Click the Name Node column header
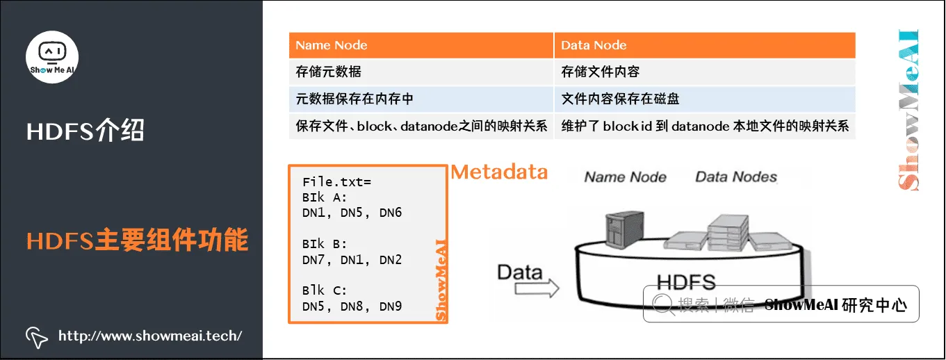click(332, 45)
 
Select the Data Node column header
click(594, 45)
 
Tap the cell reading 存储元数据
click(329, 72)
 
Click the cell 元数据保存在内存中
click(354, 99)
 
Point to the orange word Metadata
click(499, 172)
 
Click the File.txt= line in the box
click(337, 182)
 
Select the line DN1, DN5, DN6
click(352, 213)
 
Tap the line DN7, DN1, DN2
click(352, 260)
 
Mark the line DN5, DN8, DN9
click(352, 306)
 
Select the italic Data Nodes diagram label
click(735, 177)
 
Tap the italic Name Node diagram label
click(625, 177)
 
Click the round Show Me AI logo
click(52, 57)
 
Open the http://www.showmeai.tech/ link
click(150, 336)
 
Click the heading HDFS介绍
click(85, 131)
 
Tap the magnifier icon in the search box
click(661, 304)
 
